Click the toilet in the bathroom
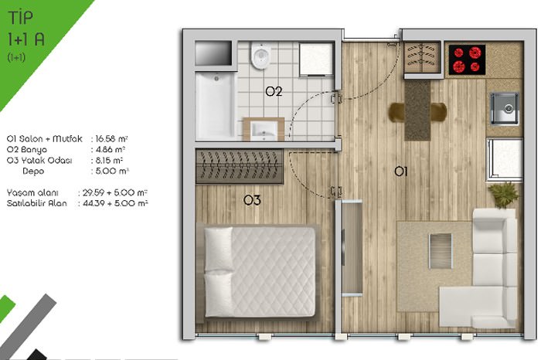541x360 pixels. [260, 55]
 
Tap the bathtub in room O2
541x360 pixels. [216, 105]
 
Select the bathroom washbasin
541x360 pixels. [264, 130]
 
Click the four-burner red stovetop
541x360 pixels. [467, 59]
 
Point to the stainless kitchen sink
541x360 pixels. [504, 108]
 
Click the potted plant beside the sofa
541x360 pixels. [503, 195]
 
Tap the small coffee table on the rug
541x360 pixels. [441, 251]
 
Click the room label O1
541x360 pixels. [401, 171]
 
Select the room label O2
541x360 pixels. [274, 91]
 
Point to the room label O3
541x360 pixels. [252, 200]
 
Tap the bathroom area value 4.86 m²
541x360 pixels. [110, 150]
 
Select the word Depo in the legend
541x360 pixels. [33, 171]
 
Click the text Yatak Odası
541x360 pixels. [46, 161]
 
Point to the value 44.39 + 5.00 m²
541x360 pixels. [115, 203]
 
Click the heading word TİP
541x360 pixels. [21, 18]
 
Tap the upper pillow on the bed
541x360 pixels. [219, 249]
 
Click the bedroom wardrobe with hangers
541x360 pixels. [240, 166]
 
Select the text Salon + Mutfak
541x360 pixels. [50, 138]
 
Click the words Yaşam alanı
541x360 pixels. [32, 192]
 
